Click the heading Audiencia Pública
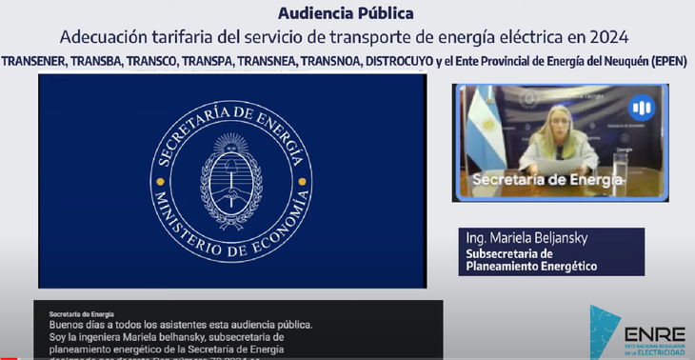pyautogui.click(x=347, y=13)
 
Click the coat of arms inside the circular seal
pyautogui.click(x=232, y=180)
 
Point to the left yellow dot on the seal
pyautogui.click(x=160, y=180)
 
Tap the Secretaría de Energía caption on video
pyautogui.click(x=547, y=178)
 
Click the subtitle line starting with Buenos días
pyautogui.click(x=181, y=325)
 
